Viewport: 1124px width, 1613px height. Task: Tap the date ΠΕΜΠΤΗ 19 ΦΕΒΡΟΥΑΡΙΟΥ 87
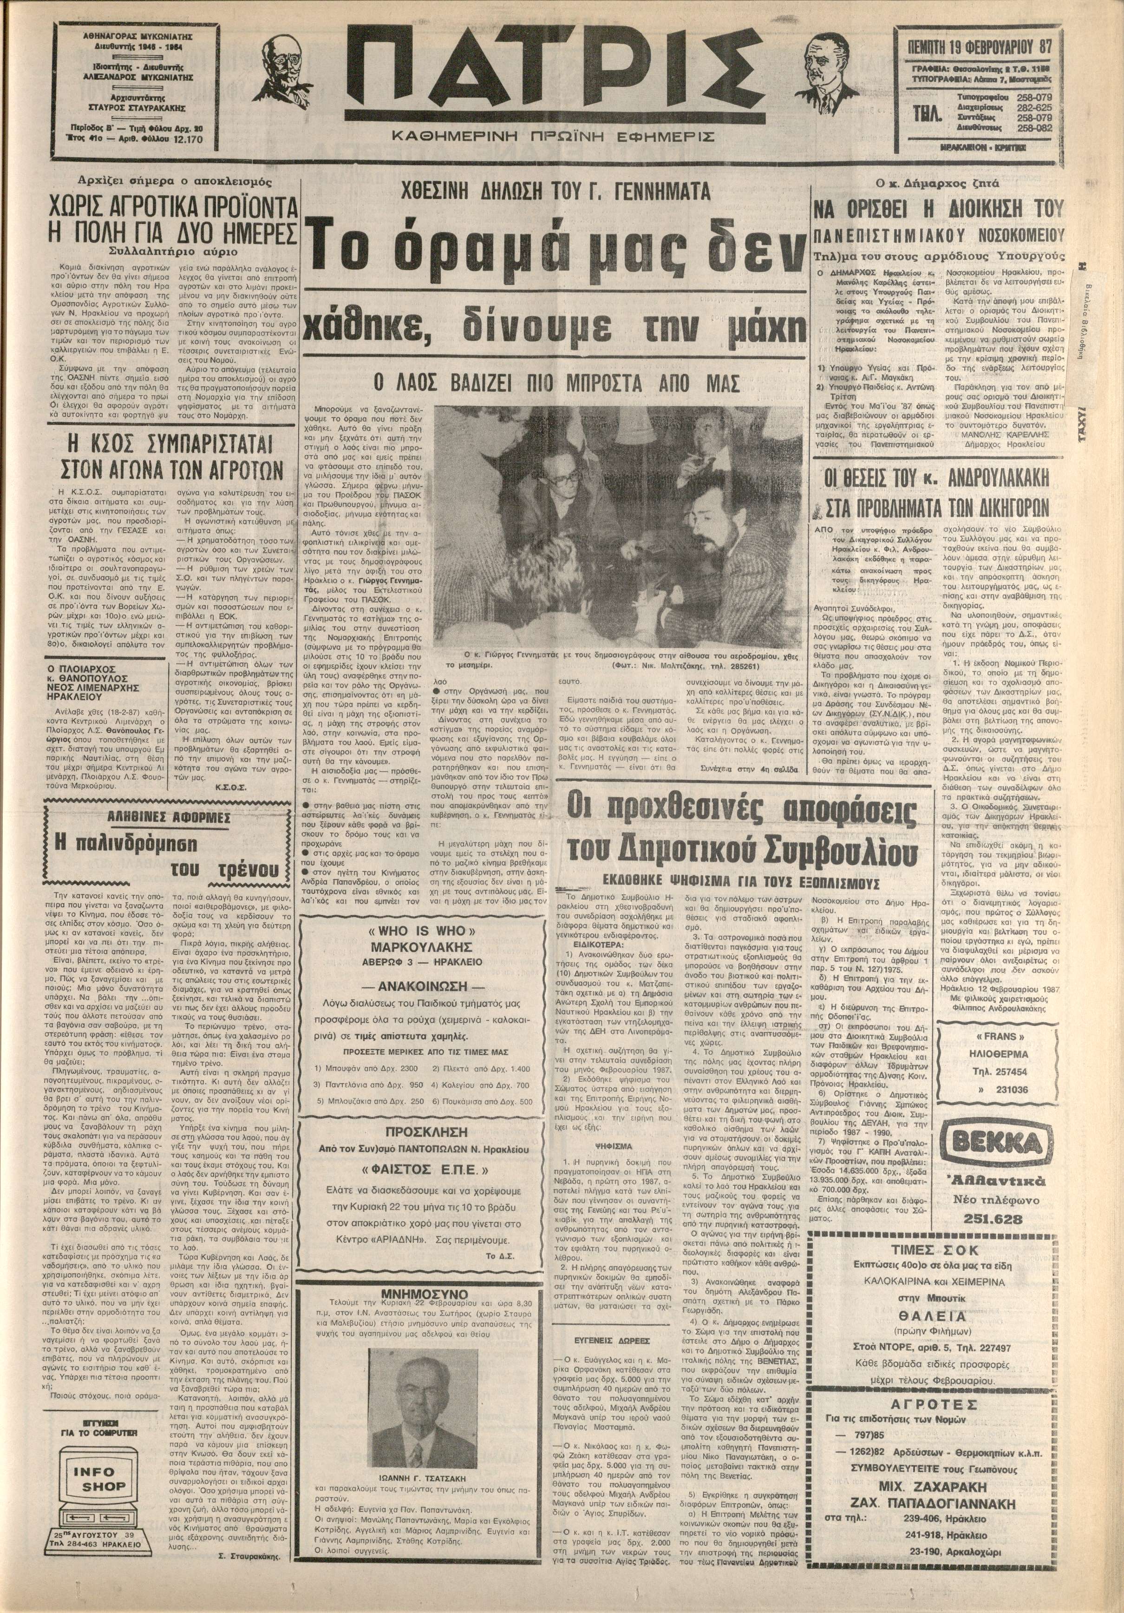click(974, 47)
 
